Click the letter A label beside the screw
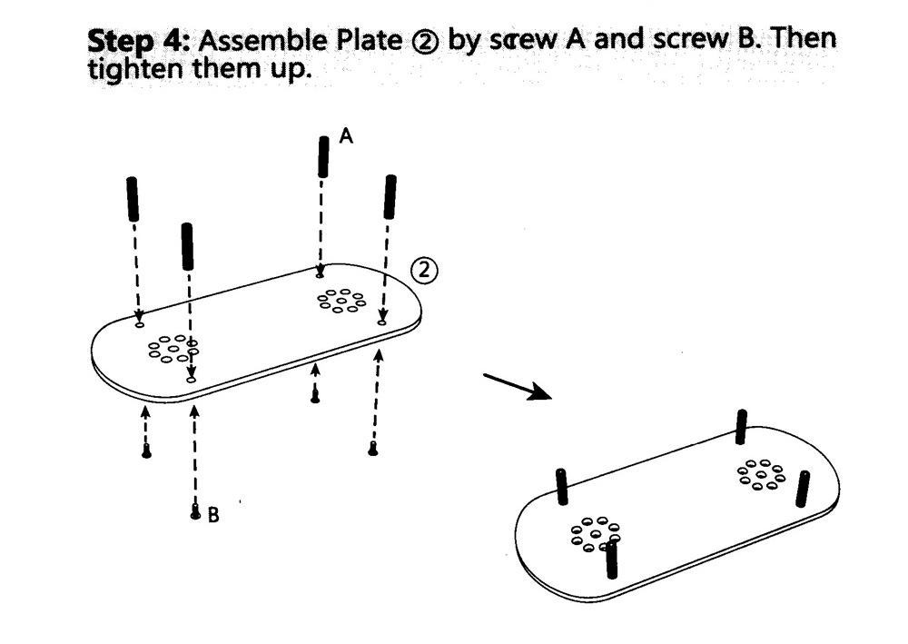pos(345,136)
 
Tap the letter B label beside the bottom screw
pos(212,515)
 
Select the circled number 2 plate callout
pos(424,269)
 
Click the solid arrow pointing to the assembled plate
pos(518,385)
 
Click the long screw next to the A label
pos(322,156)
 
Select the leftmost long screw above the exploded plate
pos(133,199)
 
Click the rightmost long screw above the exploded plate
pos(390,196)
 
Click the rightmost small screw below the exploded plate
pos(372,449)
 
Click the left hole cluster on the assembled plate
pos(594,534)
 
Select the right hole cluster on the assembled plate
pos(761,473)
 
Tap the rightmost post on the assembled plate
pos(803,489)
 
